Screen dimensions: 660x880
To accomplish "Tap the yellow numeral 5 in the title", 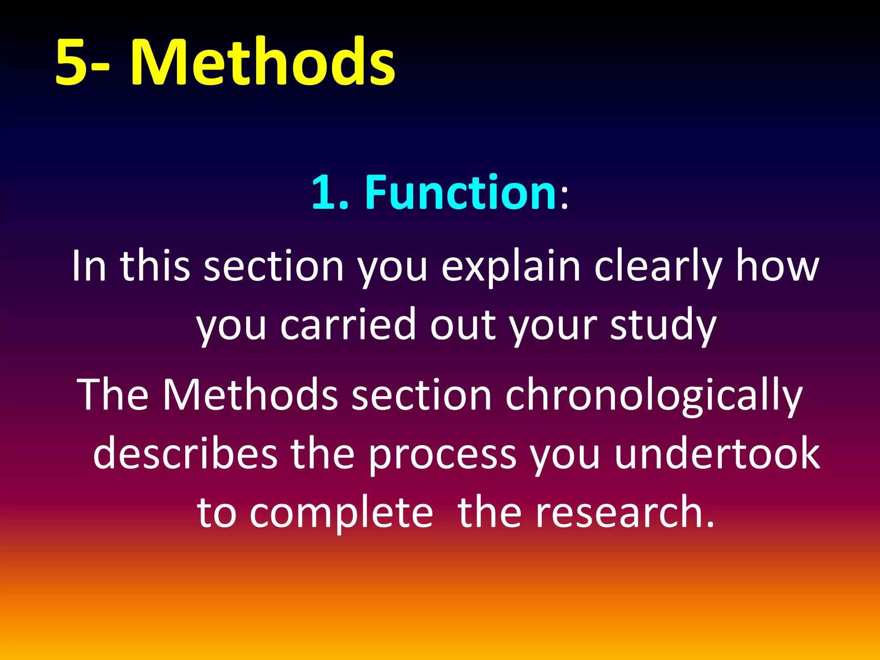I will point(71,62).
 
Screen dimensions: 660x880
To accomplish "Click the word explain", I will point(510,267).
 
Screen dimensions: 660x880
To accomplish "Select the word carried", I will point(348,325).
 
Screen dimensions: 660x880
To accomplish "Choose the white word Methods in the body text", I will point(250,394).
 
